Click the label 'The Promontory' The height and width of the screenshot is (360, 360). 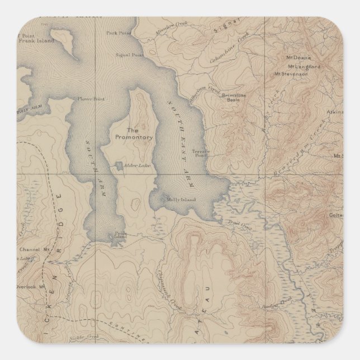130,132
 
